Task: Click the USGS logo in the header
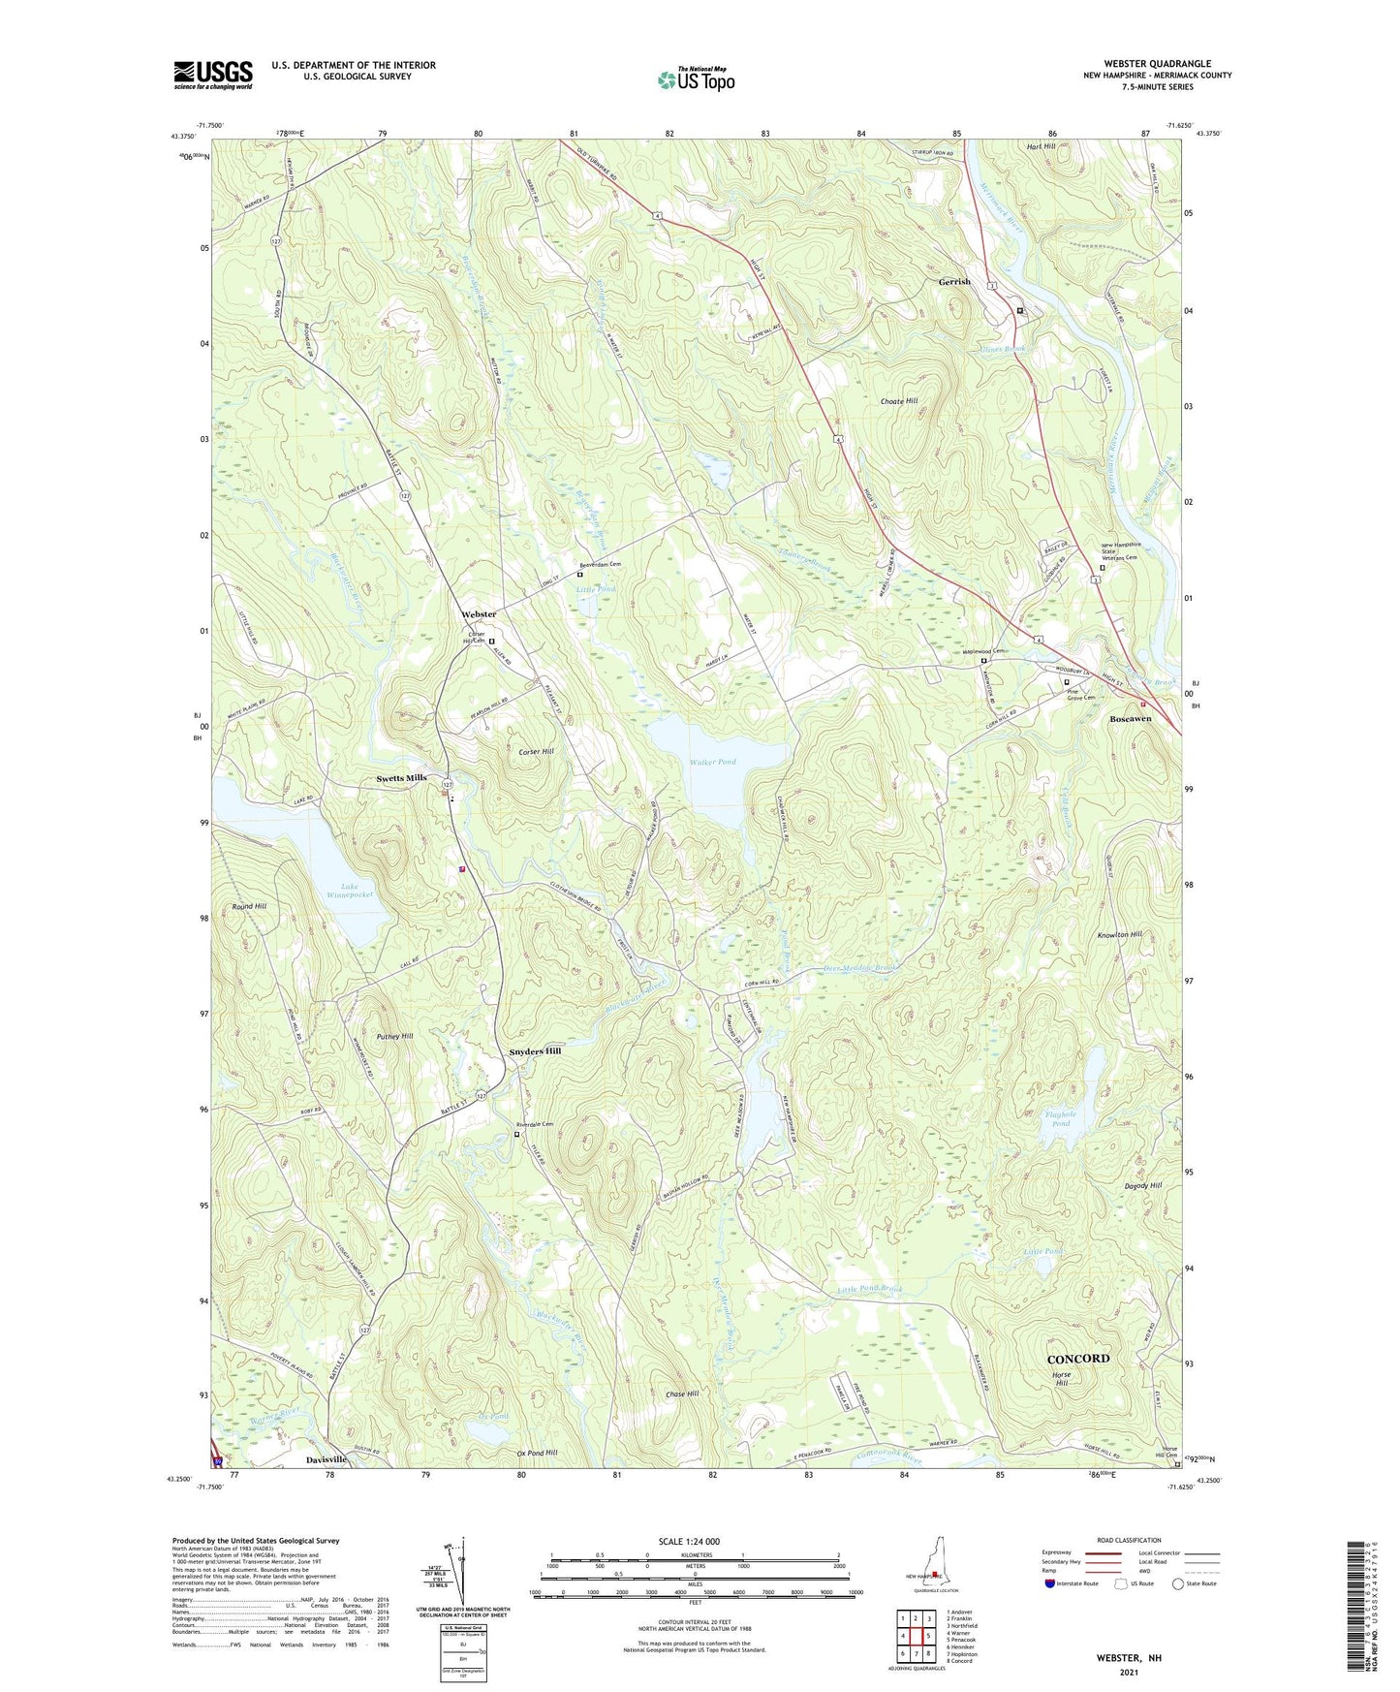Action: click(x=212, y=75)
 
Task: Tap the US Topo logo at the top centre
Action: click(x=695, y=78)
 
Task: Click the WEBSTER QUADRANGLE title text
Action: click(x=1157, y=64)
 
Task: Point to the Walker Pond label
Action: click(x=712, y=762)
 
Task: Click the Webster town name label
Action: click(x=479, y=614)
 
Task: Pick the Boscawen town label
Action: click(x=1130, y=719)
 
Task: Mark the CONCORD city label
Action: click(x=1078, y=1359)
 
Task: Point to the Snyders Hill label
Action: click(x=535, y=1051)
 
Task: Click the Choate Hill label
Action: click(x=898, y=400)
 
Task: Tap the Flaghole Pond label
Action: click(x=1061, y=1118)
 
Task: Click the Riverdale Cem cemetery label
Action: click(x=534, y=1124)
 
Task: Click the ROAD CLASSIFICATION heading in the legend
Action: click(x=1129, y=1540)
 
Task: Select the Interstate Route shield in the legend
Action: click(x=1050, y=1583)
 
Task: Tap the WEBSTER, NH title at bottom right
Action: click(x=1128, y=1658)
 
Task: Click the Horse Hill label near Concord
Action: click(x=1063, y=1380)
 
